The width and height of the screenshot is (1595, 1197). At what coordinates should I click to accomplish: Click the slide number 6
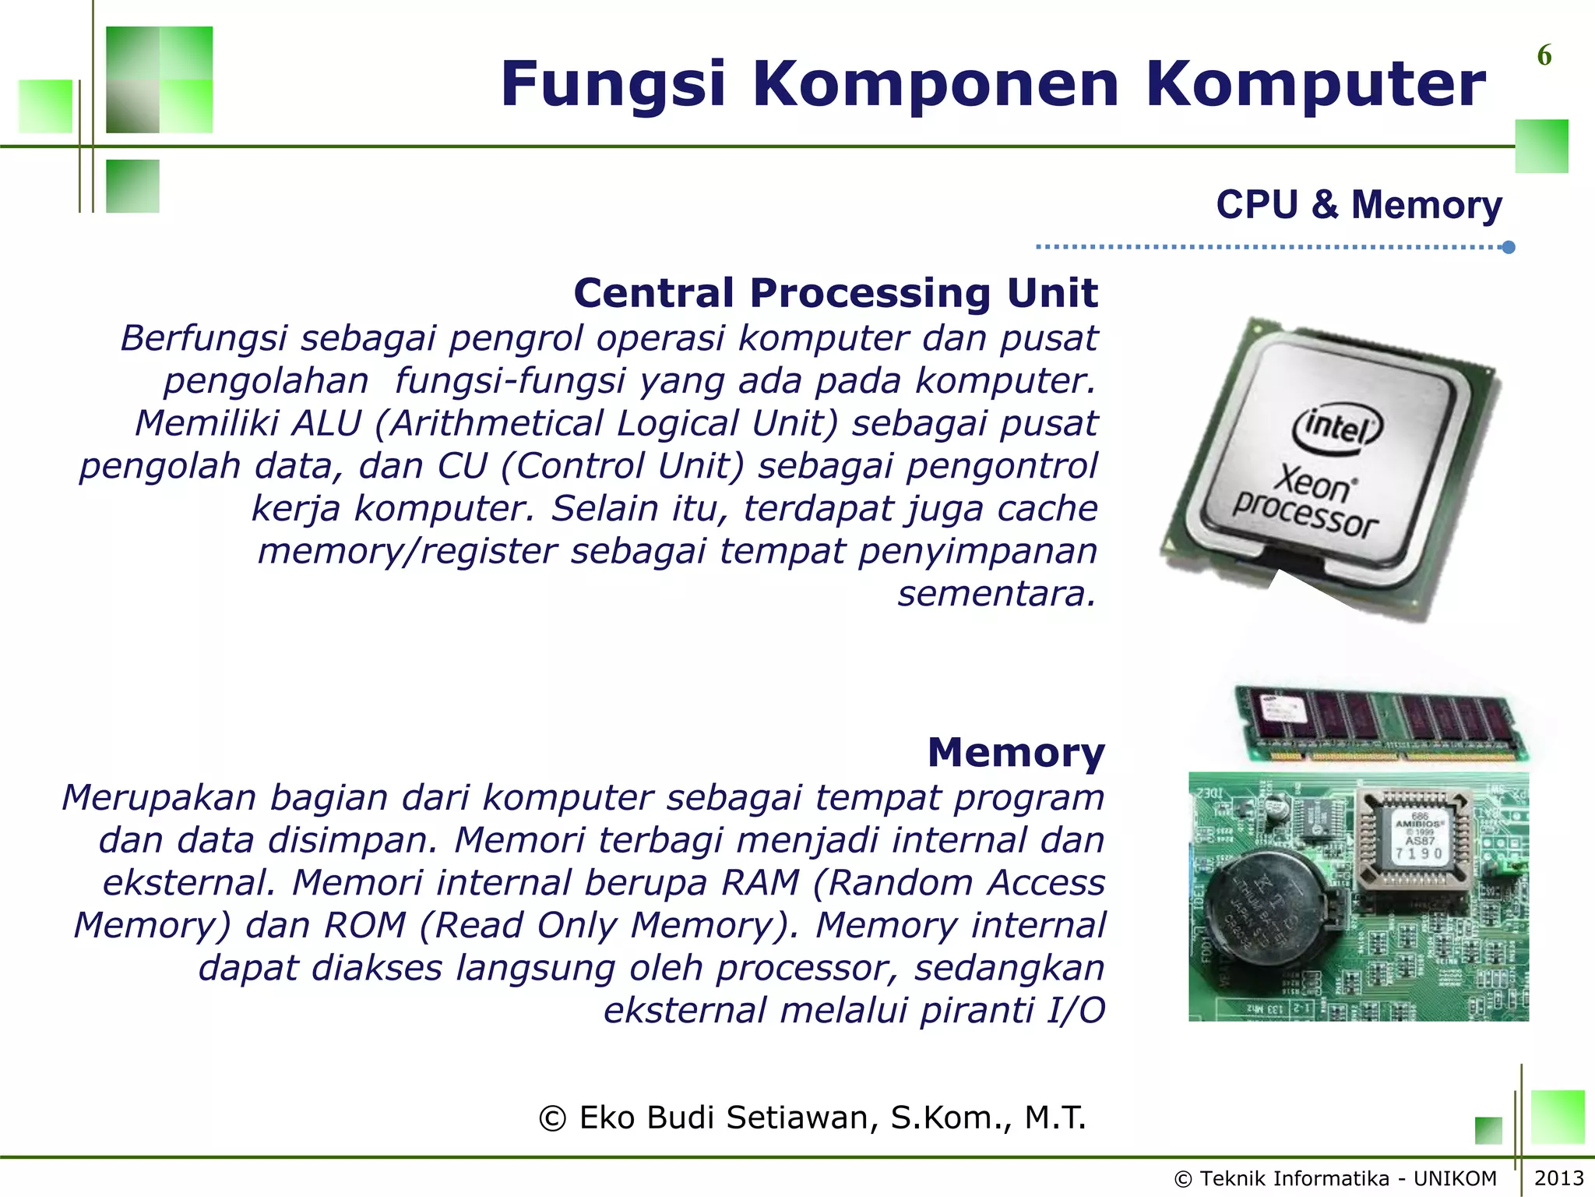click(1544, 55)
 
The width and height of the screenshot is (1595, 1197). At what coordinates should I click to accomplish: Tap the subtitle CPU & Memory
click(1359, 205)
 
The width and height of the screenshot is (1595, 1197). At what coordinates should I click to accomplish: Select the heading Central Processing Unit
click(835, 293)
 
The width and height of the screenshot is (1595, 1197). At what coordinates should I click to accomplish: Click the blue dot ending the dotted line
click(1509, 247)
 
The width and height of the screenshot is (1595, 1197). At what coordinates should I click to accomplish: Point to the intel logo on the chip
click(1336, 427)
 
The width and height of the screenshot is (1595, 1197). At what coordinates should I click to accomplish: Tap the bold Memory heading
click(1016, 753)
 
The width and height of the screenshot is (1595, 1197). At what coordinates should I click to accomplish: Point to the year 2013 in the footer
click(1559, 1178)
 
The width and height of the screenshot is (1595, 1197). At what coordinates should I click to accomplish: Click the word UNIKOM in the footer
click(1455, 1178)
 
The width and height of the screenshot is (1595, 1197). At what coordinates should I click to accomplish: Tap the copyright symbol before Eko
click(552, 1118)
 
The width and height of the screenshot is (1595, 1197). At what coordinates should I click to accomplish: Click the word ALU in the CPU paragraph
click(326, 423)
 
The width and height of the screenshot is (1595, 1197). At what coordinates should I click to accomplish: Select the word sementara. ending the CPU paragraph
click(997, 594)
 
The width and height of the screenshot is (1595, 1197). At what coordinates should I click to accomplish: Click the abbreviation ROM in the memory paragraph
click(365, 925)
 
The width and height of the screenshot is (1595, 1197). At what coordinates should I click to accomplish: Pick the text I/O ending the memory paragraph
click(1075, 1010)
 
